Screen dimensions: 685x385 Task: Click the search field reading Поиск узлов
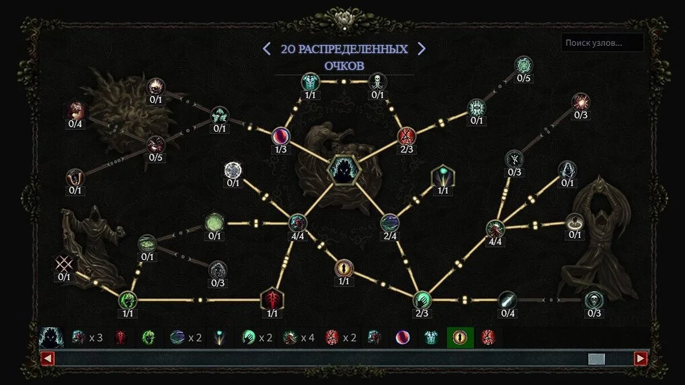[x=602, y=43]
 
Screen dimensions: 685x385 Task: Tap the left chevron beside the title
[x=267, y=48]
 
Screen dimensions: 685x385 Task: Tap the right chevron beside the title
[x=422, y=48]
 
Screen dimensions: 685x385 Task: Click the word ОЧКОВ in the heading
[x=344, y=66]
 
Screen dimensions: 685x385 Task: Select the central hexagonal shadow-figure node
[x=344, y=170]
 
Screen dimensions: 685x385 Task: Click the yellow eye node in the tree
[x=344, y=269]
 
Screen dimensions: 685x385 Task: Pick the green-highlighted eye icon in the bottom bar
[x=460, y=338]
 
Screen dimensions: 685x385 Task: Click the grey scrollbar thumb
[x=597, y=359]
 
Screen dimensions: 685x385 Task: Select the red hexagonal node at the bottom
[x=272, y=299]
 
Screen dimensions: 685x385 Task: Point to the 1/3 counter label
[x=281, y=149]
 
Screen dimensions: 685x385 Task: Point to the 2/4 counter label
[x=390, y=236]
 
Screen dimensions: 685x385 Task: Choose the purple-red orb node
[x=281, y=136]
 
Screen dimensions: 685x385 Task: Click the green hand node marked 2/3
[x=422, y=300]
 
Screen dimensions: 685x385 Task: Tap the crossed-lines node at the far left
[x=64, y=263]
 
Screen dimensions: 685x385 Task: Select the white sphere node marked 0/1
[x=233, y=170]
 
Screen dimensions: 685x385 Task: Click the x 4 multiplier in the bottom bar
[x=308, y=338]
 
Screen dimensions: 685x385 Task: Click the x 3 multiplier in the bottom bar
[x=96, y=338]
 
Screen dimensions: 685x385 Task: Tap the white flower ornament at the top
[x=344, y=19]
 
